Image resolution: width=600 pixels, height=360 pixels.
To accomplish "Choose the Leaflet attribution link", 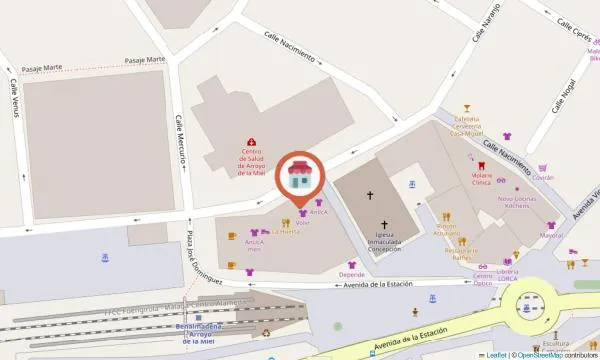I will point(495,354).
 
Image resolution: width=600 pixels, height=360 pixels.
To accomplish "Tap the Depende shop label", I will point(351,273).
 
